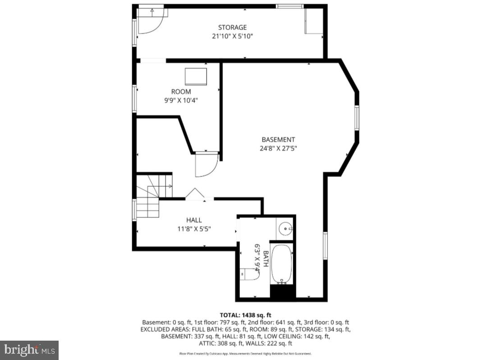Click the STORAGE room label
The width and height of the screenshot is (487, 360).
tap(232, 27)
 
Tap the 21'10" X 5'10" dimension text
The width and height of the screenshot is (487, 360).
tap(232, 36)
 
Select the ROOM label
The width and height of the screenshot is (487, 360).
tap(181, 92)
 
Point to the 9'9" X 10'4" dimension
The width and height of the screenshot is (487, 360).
tap(181, 100)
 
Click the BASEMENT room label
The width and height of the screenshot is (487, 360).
tap(278, 140)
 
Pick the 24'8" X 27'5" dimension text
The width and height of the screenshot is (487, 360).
tap(278, 148)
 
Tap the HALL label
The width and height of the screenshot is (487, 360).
tap(194, 220)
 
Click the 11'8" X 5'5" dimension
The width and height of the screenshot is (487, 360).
tap(194, 228)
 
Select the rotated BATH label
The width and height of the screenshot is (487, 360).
tap(266, 259)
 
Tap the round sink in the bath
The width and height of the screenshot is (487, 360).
tap(285, 229)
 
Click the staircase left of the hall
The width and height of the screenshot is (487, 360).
tap(151, 196)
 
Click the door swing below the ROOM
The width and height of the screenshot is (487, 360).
tap(206, 164)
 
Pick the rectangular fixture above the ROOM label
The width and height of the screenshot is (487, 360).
tap(196, 77)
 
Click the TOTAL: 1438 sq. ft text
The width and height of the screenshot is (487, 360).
tap(245, 315)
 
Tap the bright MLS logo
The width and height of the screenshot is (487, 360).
tap(29, 350)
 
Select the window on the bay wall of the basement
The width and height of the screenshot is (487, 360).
tap(356, 118)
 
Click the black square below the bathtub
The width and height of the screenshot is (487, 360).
tap(282, 292)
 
